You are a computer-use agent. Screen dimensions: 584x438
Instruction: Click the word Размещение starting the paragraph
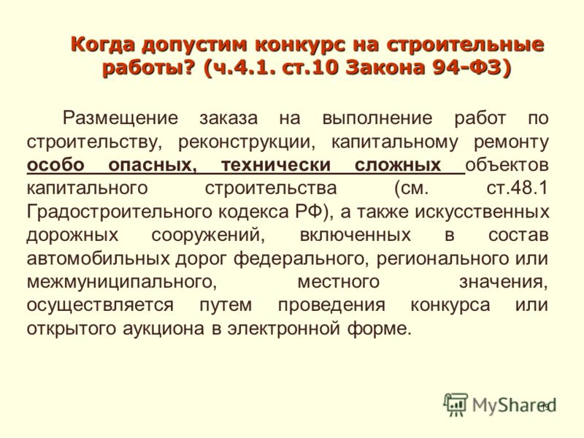[120, 118]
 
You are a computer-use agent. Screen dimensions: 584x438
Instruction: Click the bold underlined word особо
[55, 165]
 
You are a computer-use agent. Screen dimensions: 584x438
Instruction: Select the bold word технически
[276, 165]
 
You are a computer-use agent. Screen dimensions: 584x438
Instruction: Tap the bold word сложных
[398, 165]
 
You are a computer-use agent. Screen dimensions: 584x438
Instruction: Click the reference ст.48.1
[518, 188]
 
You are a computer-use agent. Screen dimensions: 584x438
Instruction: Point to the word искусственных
[482, 212]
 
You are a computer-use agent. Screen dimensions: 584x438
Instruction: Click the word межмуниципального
[122, 283]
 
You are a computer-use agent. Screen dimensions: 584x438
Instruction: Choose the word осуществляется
[100, 305]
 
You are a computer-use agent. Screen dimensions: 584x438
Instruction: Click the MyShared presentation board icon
[455, 404]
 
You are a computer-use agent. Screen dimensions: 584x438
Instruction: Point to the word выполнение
[377, 118]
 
